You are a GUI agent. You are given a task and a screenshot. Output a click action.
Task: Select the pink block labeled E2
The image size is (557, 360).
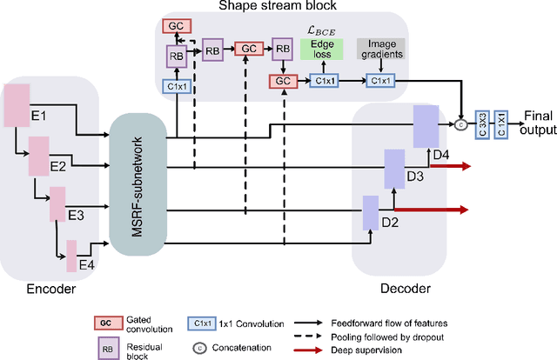pyautogui.click(x=39, y=155)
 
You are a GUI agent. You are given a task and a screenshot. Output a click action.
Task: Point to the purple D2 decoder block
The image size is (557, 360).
pyautogui.click(x=370, y=212)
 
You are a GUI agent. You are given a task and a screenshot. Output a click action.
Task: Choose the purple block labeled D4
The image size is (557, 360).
pyautogui.click(x=424, y=127)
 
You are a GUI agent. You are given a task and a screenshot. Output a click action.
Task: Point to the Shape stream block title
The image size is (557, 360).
pyautogui.click(x=278, y=6)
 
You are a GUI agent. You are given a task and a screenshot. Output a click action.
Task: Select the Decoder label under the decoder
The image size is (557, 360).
pyautogui.click(x=406, y=288)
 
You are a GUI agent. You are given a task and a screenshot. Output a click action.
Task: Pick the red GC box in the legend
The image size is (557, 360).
pyautogui.click(x=105, y=322)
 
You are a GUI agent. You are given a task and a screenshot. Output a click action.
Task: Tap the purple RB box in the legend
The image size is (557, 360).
pyautogui.click(x=105, y=346)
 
